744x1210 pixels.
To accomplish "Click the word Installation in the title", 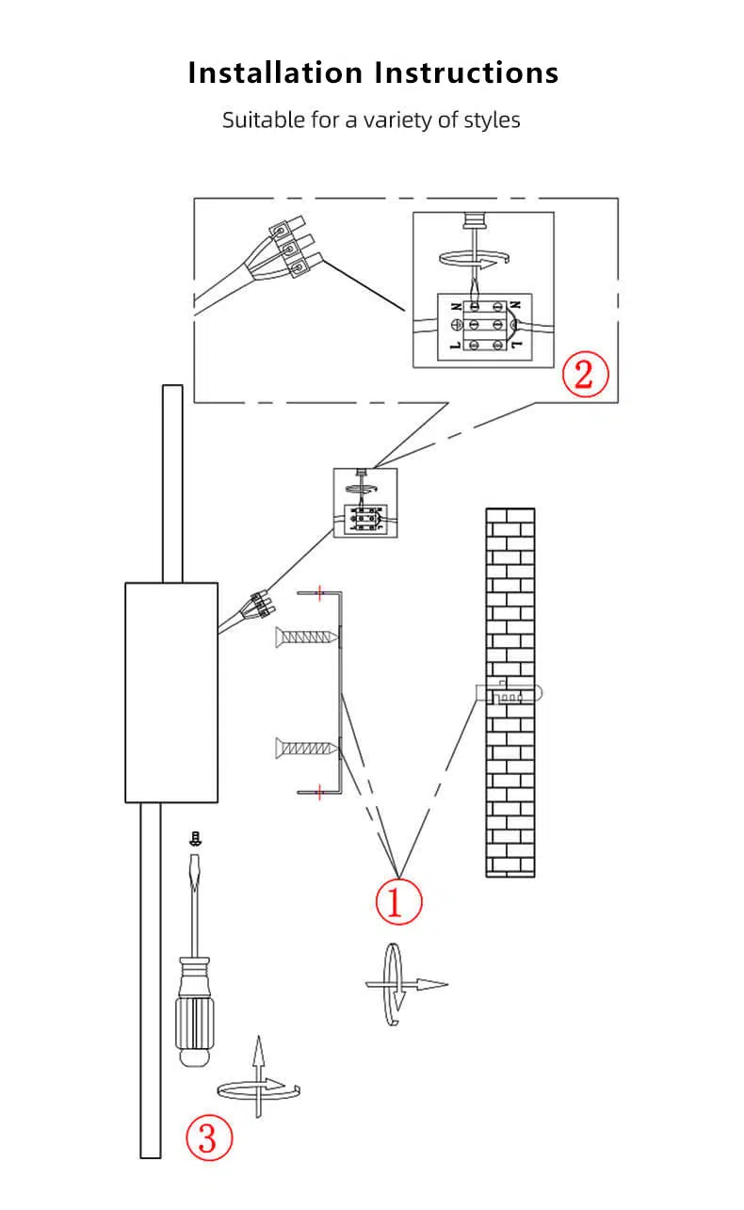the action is [275, 73].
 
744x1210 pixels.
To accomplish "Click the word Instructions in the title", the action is [466, 73].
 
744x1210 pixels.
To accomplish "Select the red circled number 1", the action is [398, 901].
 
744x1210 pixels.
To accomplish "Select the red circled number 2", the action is [585, 374].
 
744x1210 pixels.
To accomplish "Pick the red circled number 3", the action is [209, 1137].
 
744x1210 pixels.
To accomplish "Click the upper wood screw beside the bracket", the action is [306, 637].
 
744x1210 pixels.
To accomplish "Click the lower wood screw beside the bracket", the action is [306, 749].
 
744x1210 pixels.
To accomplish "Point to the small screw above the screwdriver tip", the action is [196, 838].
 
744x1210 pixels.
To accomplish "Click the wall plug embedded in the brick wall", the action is [509, 693].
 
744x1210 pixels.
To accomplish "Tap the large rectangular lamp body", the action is [171, 692].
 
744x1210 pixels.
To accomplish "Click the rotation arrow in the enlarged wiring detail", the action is [475, 260].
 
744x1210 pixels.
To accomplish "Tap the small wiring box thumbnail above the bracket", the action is [365, 503].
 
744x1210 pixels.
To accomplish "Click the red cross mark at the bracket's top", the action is [320, 592].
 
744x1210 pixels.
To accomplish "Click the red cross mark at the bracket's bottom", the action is [320, 793].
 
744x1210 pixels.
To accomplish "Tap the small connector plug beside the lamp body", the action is [263, 604].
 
